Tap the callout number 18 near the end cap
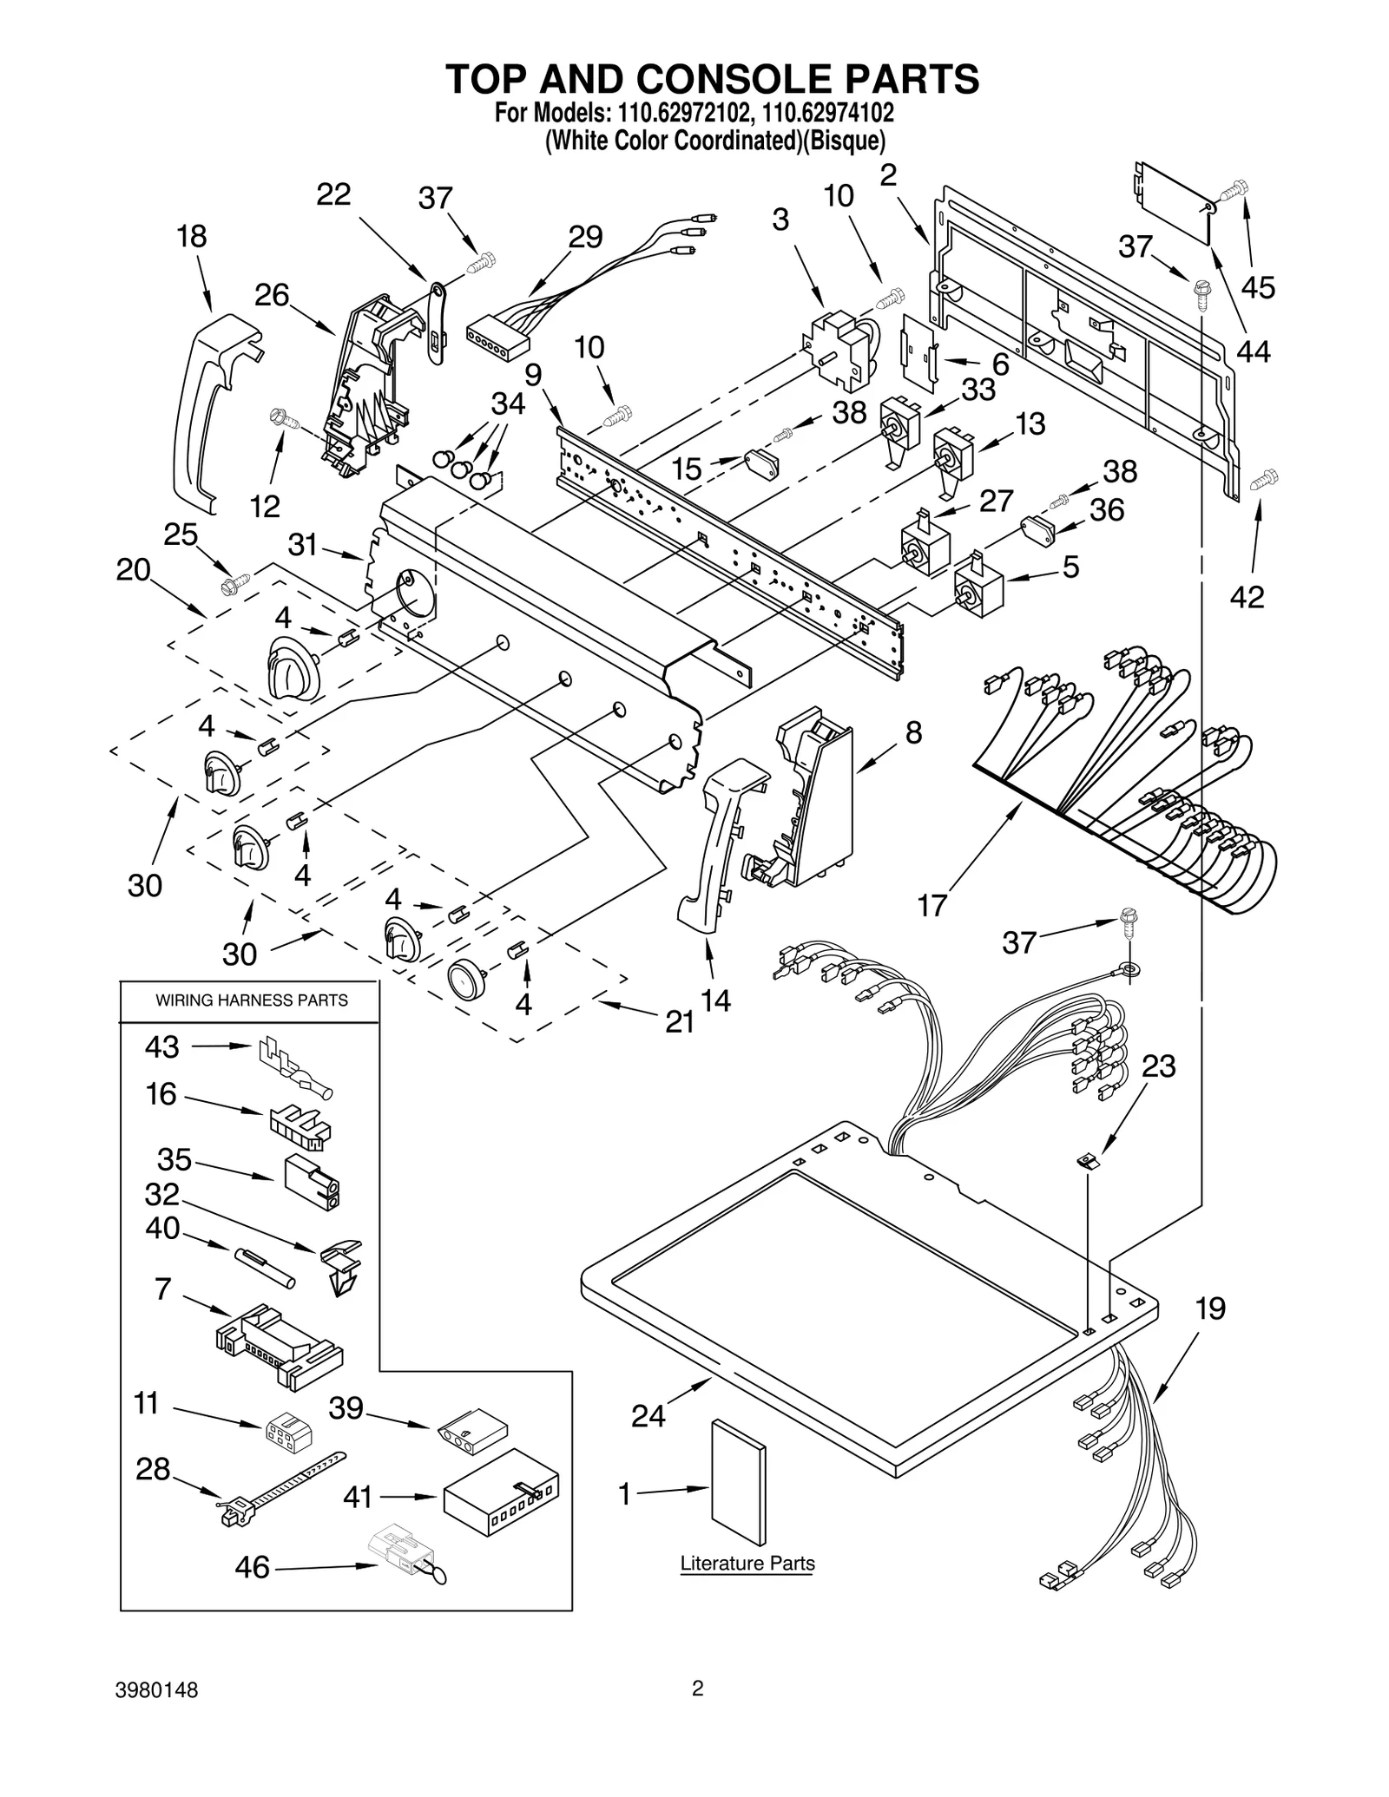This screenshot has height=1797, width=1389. point(192,236)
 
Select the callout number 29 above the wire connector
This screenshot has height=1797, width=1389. point(585,237)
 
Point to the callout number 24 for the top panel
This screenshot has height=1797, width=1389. point(648,1416)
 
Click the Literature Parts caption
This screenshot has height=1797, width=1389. point(747,1564)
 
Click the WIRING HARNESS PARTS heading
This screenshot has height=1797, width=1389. point(252,1000)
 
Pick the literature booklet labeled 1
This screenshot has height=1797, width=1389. point(739,1482)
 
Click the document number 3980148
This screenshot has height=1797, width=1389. point(157,1690)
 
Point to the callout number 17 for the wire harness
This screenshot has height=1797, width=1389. point(931,906)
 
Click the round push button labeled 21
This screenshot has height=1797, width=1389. point(467,981)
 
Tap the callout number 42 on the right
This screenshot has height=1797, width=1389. point(1247,597)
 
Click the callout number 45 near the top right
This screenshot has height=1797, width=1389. point(1258,287)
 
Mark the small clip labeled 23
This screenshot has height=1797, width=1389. point(1088,1161)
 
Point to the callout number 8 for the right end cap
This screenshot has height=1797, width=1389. point(913,732)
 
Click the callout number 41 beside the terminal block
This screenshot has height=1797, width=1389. point(358,1497)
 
